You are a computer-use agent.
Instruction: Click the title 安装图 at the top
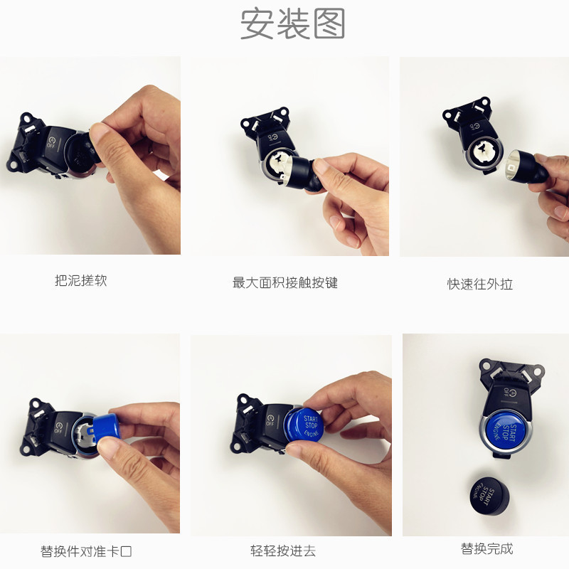click(x=292, y=24)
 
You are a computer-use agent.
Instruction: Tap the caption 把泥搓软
click(x=81, y=280)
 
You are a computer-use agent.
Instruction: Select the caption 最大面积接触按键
click(x=285, y=282)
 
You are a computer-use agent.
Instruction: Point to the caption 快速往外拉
click(x=479, y=284)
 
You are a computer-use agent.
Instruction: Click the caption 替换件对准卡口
click(x=86, y=551)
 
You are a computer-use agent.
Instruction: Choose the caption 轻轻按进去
click(x=283, y=551)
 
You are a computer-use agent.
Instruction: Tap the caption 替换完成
click(x=487, y=548)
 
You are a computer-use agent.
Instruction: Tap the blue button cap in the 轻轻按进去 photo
click(x=304, y=425)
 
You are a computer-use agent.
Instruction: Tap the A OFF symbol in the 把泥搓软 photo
click(x=50, y=142)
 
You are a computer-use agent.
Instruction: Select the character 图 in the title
click(x=329, y=24)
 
